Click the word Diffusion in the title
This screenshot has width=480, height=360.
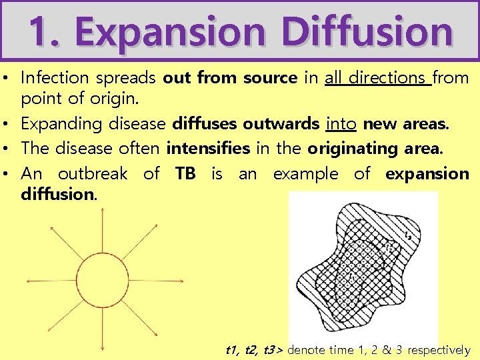pyautogui.click(x=366, y=31)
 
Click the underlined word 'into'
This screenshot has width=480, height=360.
pyautogui.click(x=341, y=123)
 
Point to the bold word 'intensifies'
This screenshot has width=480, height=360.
pyautogui.click(x=207, y=148)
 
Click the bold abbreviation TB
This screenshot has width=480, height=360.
pyautogui.click(x=185, y=174)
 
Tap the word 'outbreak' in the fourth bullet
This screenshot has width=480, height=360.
pyautogui.click(x=93, y=174)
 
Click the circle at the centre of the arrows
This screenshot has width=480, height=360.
pyautogui.click(x=102, y=280)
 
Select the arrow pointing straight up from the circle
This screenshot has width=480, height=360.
pyautogui.click(x=102, y=230)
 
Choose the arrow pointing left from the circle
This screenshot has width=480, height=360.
pyautogui.click(x=50, y=280)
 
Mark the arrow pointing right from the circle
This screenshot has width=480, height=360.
pyautogui.click(x=153, y=280)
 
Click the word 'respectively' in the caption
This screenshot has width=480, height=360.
pyautogui.click(x=439, y=350)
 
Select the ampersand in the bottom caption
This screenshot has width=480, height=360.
pyautogui.click(x=384, y=350)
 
